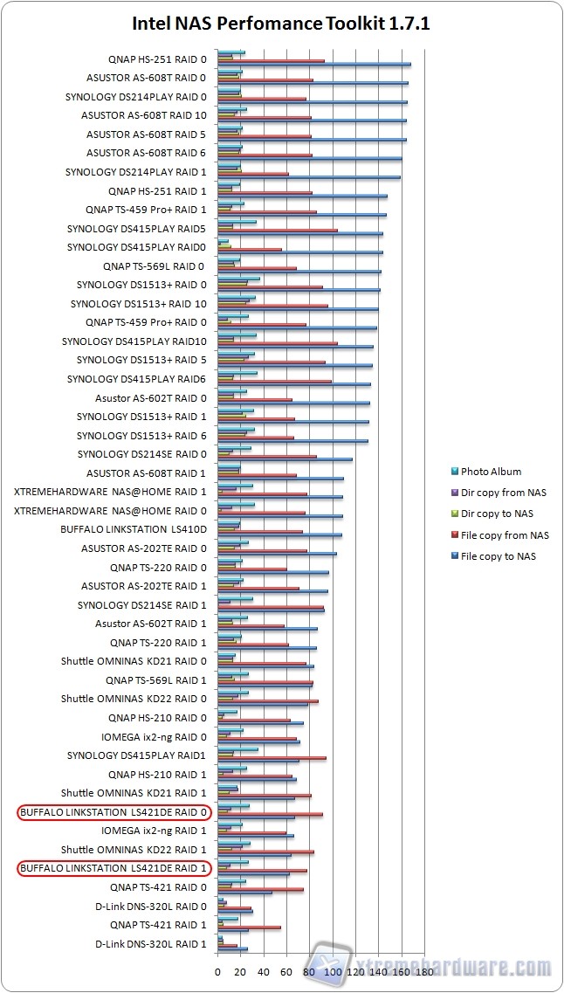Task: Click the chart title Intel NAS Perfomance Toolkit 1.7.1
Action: (x=281, y=24)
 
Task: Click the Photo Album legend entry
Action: (x=491, y=472)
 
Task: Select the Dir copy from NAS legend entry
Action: (x=503, y=493)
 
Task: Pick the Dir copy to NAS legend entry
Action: (x=497, y=514)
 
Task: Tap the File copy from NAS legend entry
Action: (x=505, y=535)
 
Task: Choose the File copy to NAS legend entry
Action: (x=499, y=556)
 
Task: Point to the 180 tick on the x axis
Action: (x=423, y=971)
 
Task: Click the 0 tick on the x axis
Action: (x=217, y=971)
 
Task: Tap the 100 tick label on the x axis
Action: (x=332, y=971)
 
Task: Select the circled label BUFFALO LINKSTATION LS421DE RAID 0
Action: (x=113, y=812)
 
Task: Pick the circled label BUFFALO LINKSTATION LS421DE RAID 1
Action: (x=113, y=868)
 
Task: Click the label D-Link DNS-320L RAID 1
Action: (x=151, y=944)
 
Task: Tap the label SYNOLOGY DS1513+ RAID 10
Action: (x=139, y=304)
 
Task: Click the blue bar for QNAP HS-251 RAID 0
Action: (x=314, y=64)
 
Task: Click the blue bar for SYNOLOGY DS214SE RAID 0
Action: (x=285, y=459)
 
